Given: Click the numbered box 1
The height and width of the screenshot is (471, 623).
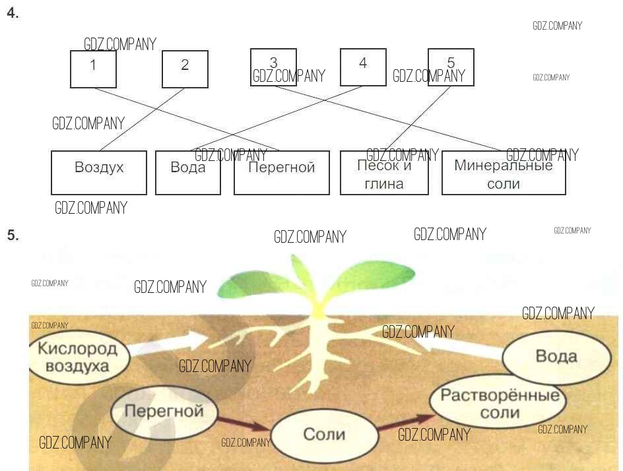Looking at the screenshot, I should pyautogui.click(x=93, y=69).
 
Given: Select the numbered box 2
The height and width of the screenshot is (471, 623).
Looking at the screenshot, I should pyautogui.click(x=185, y=69).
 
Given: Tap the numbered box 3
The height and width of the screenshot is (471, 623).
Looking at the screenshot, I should pyautogui.click(x=273, y=67).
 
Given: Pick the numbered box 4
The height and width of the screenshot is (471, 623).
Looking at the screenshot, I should pyautogui.click(x=363, y=67).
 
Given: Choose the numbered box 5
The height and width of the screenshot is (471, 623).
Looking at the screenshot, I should pyautogui.click(x=451, y=67).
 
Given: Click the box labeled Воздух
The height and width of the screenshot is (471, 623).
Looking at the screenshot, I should pyautogui.click(x=99, y=173).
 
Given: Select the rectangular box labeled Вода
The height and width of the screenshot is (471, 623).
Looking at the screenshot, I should pyautogui.click(x=188, y=173).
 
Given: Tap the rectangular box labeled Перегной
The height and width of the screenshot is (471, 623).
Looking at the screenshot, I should pyautogui.click(x=282, y=173).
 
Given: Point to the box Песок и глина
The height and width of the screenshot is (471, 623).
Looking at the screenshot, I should pyautogui.click(x=384, y=173).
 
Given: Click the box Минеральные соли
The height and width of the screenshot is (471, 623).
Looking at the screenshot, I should pyautogui.click(x=504, y=173).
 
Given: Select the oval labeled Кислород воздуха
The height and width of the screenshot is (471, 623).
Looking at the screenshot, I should pyautogui.click(x=78, y=357).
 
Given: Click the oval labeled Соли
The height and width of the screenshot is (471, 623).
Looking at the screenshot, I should pyautogui.click(x=324, y=433).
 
